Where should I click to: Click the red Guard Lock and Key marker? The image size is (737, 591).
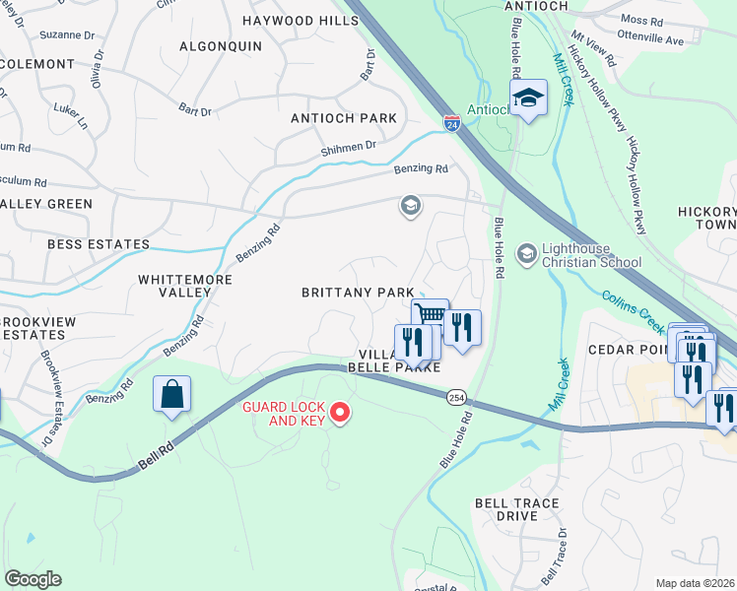[341, 412]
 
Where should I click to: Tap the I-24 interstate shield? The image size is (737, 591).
[451, 124]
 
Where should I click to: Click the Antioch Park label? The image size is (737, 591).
[344, 118]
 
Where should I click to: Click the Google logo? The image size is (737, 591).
[33, 579]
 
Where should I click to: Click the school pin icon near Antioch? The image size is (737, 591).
[528, 98]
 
